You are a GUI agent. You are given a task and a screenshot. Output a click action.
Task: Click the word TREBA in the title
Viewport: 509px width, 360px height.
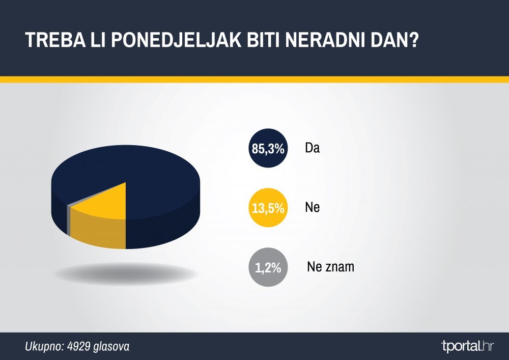[55, 40]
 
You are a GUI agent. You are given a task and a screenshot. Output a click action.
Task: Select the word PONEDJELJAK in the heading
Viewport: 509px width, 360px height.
[177, 40]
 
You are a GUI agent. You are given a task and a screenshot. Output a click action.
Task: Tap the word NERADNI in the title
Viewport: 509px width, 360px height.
[325, 40]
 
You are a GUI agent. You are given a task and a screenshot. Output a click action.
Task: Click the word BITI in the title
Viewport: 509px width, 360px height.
[264, 40]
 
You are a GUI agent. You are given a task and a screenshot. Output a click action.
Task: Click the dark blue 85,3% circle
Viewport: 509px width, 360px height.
[268, 148]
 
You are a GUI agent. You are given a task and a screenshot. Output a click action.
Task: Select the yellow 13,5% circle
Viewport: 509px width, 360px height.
[268, 207]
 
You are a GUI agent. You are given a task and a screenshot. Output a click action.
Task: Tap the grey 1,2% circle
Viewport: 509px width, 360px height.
[268, 267]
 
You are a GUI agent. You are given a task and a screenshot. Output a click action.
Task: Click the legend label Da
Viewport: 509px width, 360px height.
[313, 148]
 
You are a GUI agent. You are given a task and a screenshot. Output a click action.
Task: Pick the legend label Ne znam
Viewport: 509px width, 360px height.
[330, 267]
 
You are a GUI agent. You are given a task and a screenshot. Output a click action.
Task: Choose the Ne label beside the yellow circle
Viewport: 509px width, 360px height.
[313, 207]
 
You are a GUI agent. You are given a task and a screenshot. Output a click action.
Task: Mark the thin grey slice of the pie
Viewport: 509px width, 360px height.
[68, 219]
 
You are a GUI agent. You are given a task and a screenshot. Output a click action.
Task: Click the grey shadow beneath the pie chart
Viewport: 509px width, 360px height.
[126, 273]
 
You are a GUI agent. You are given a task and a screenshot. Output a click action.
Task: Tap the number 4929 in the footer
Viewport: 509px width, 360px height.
[78, 346]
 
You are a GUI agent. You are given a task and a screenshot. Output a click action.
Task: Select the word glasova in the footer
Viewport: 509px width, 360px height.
[111, 346]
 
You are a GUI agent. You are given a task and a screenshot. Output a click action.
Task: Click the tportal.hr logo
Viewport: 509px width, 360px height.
[467, 346]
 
